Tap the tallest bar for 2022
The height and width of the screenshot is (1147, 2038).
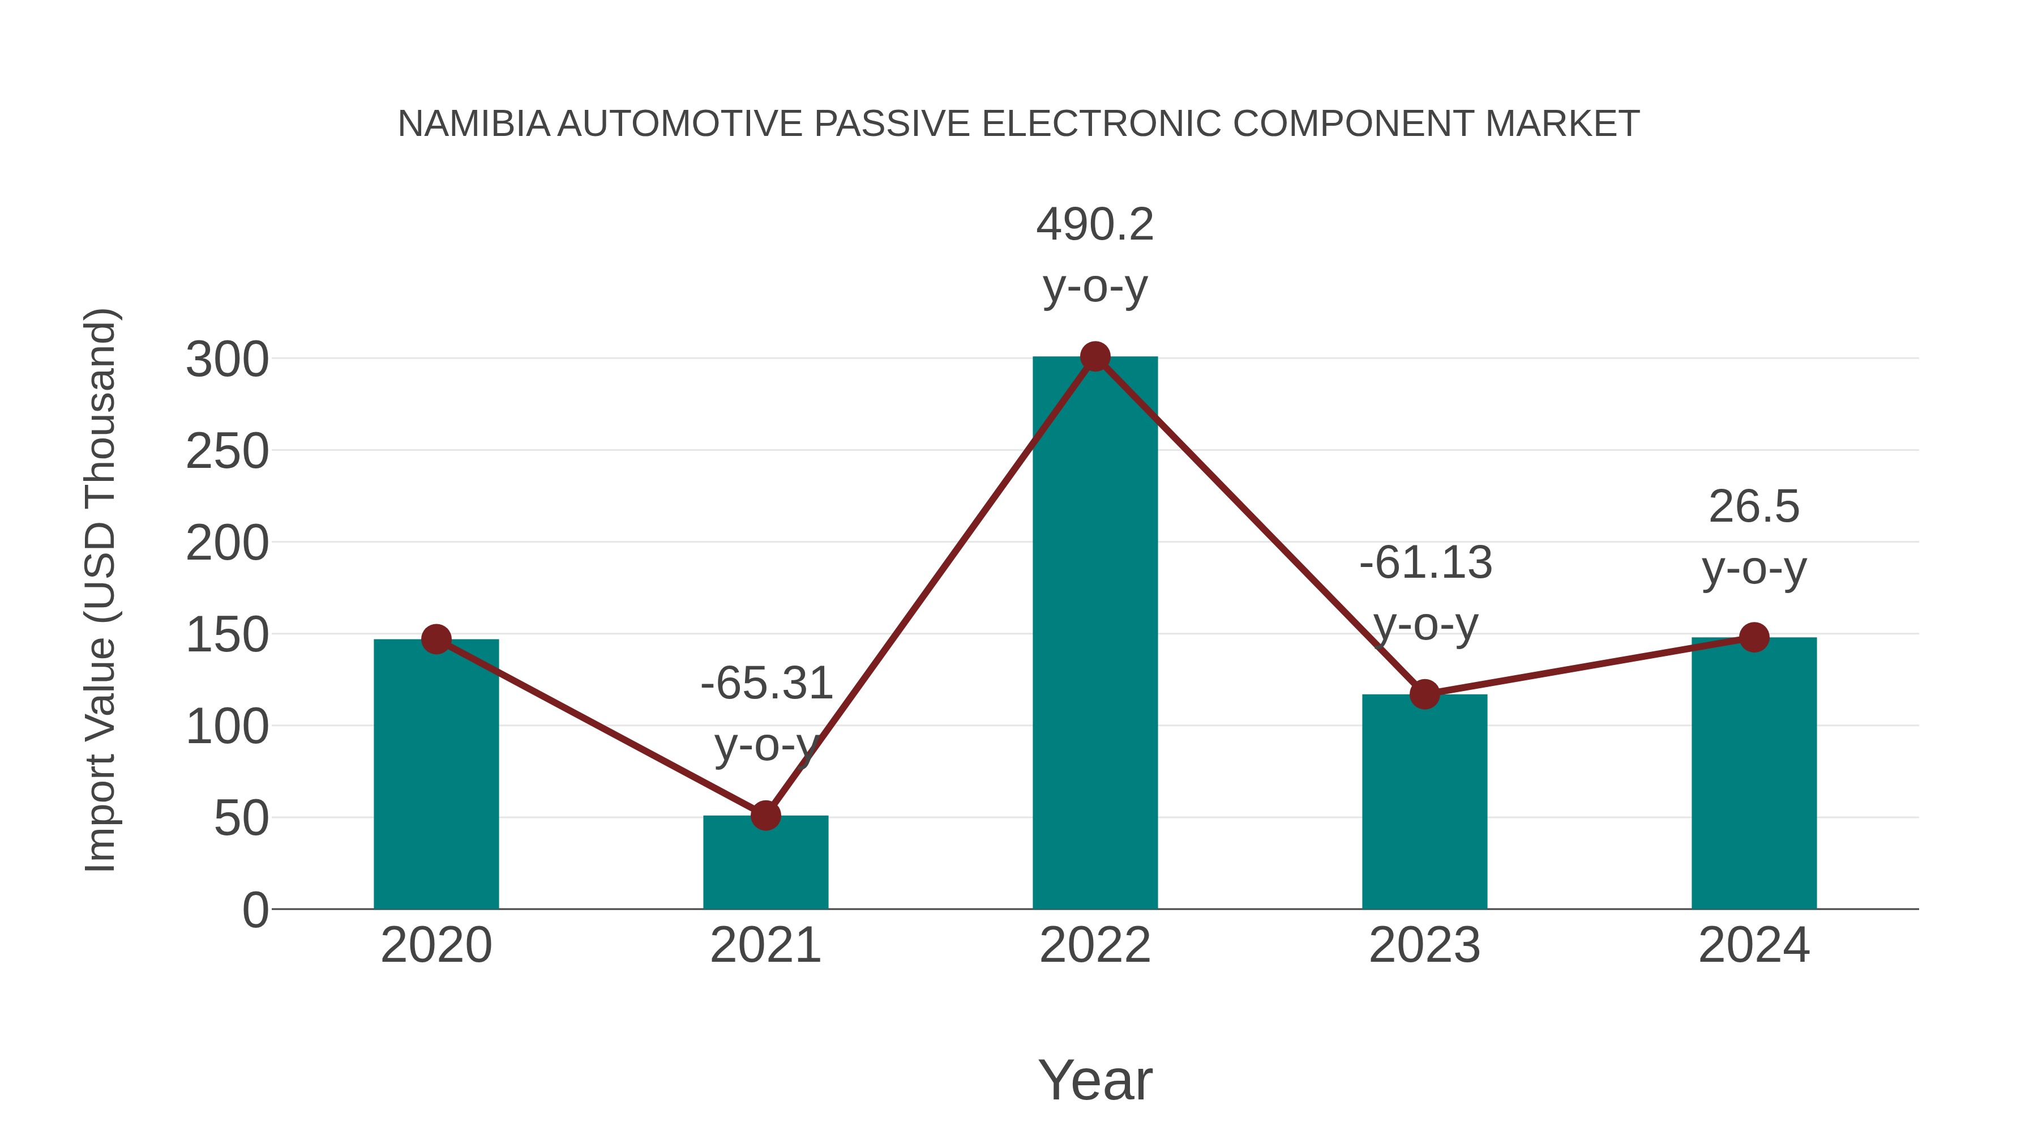[x=1095, y=633]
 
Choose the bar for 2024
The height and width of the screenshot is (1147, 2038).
[x=1754, y=776]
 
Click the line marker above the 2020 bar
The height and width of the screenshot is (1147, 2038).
[x=436, y=639]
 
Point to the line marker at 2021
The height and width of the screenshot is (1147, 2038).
[x=765, y=815]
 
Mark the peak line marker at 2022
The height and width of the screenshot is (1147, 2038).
[x=1095, y=357]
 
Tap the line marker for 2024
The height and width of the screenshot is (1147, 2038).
[x=1754, y=637]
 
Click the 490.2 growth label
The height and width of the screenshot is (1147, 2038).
[x=1095, y=225]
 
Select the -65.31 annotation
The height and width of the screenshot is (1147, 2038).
[x=766, y=683]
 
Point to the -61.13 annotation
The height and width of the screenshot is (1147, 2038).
[x=1425, y=563]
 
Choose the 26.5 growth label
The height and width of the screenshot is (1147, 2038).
[x=1754, y=506]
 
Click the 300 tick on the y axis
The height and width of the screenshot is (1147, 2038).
[x=227, y=360]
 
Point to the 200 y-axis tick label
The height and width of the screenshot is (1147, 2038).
[x=227, y=544]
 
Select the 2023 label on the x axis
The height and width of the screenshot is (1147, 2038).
[x=1424, y=945]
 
